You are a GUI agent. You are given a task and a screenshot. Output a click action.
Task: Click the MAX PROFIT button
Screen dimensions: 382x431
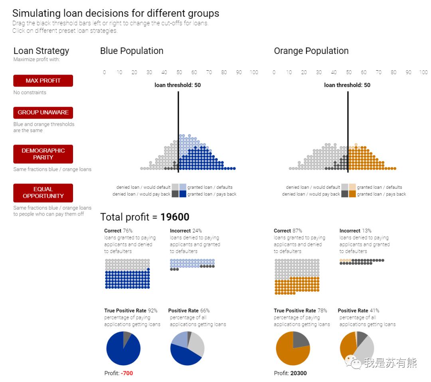[43, 81]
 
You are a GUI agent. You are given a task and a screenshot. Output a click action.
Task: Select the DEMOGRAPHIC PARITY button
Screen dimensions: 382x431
[43, 154]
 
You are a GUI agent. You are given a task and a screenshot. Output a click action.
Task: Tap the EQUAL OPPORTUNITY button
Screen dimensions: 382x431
[43, 193]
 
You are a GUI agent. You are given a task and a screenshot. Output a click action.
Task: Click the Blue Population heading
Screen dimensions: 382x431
[132, 51]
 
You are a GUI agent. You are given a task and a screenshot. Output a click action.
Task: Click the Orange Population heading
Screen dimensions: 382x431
[311, 51]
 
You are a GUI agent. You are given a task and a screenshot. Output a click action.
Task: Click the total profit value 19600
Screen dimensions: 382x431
[175, 217]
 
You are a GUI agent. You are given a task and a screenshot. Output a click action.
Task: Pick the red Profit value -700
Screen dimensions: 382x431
[127, 373]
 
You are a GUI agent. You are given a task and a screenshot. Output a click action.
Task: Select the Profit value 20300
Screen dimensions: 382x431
[299, 373]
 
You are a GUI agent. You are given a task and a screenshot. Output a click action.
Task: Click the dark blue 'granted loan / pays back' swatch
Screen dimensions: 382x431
[183, 194]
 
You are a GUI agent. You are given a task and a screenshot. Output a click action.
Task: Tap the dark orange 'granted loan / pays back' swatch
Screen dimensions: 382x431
[352, 194]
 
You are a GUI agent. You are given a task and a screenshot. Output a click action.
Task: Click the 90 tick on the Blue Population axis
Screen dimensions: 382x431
[239, 72]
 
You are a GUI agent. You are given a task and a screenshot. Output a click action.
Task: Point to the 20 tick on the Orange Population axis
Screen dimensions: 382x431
[304, 72]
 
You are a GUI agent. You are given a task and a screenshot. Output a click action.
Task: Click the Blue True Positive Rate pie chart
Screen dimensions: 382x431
[123, 348]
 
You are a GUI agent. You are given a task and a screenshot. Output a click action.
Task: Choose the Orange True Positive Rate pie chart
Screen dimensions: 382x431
[293, 348]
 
